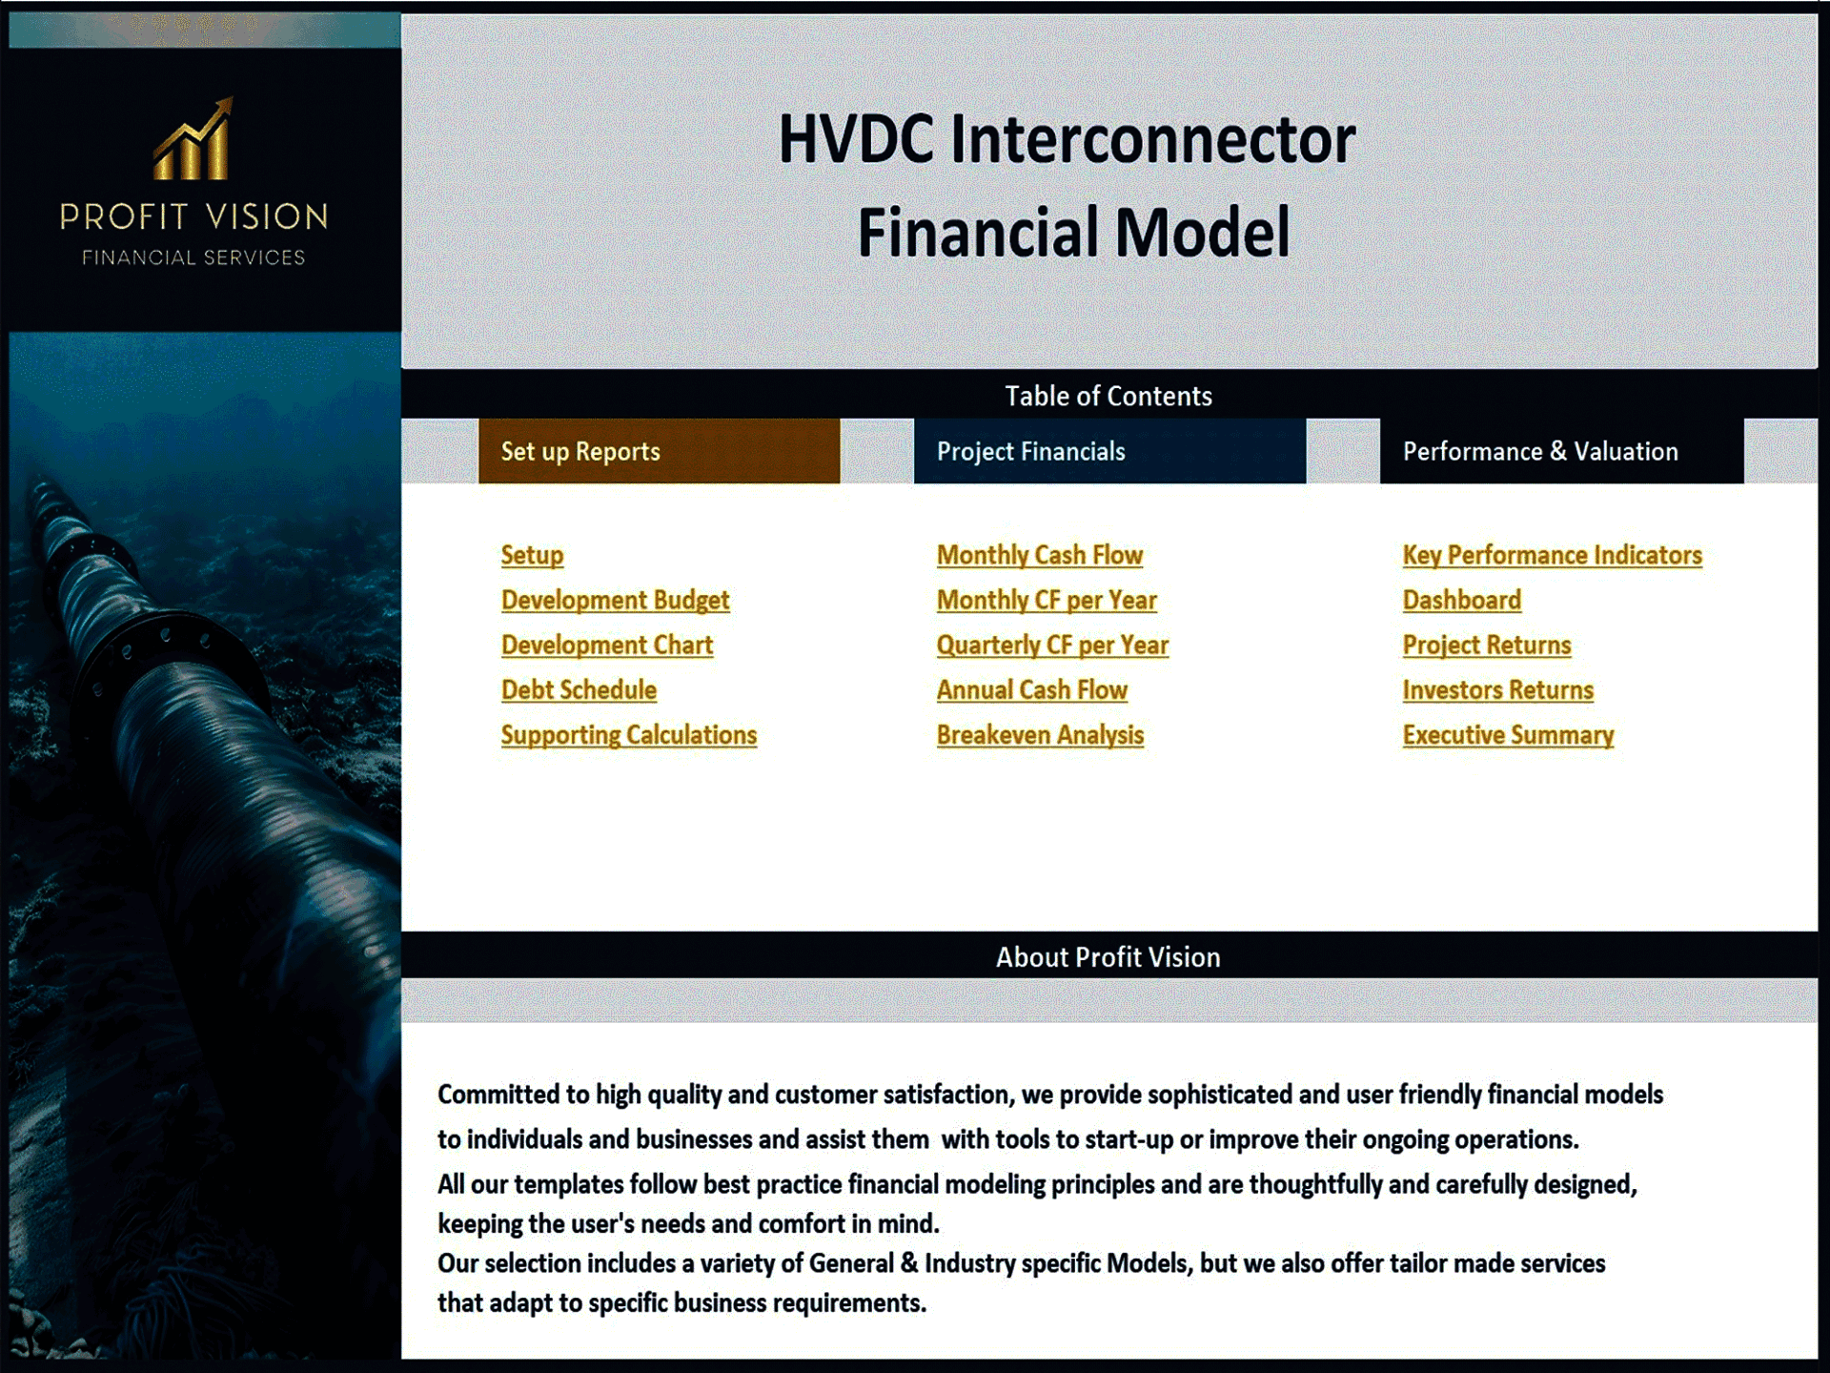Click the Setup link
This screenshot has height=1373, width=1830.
(532, 555)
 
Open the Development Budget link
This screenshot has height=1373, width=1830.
(615, 600)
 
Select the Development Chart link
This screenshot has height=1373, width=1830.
(607, 645)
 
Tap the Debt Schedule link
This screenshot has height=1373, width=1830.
(579, 689)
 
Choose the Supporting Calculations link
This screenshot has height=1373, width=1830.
(628, 735)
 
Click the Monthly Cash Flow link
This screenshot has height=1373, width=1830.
(1039, 555)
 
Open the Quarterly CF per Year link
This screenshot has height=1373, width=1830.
(1051, 645)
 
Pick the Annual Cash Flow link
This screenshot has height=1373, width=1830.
(1031, 689)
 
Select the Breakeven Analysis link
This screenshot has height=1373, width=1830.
(1040, 735)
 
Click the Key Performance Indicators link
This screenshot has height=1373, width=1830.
(1552, 555)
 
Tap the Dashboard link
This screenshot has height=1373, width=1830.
(1461, 600)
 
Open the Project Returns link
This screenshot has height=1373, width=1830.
(1486, 645)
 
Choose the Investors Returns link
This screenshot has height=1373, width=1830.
(1497, 689)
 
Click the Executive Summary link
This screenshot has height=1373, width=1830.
(1508, 735)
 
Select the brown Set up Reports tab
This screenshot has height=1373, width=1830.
(659, 451)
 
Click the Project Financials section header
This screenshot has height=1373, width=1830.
(1109, 451)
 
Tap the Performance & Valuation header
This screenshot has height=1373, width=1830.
(1561, 451)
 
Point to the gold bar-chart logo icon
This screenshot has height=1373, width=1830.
(193, 141)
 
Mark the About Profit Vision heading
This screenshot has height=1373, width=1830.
(1108, 956)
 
